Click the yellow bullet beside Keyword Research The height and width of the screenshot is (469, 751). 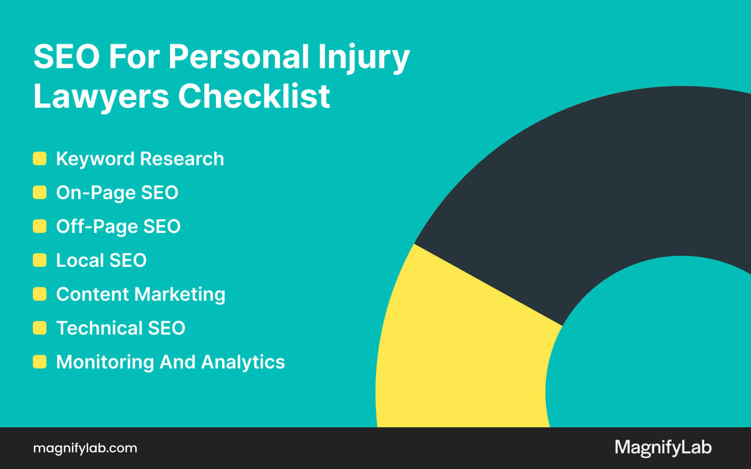coord(40,158)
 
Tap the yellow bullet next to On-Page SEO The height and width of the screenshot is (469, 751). coord(40,192)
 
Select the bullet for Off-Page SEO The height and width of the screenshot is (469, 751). coord(40,226)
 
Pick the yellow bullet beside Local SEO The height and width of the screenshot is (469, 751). coord(40,260)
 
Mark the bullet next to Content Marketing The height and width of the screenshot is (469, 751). coord(40,294)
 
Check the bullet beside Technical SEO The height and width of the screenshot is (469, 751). coord(40,328)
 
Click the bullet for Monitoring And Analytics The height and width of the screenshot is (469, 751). coord(40,362)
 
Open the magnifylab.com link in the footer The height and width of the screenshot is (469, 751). coord(85,448)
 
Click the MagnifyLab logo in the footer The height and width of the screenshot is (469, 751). coord(663,448)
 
